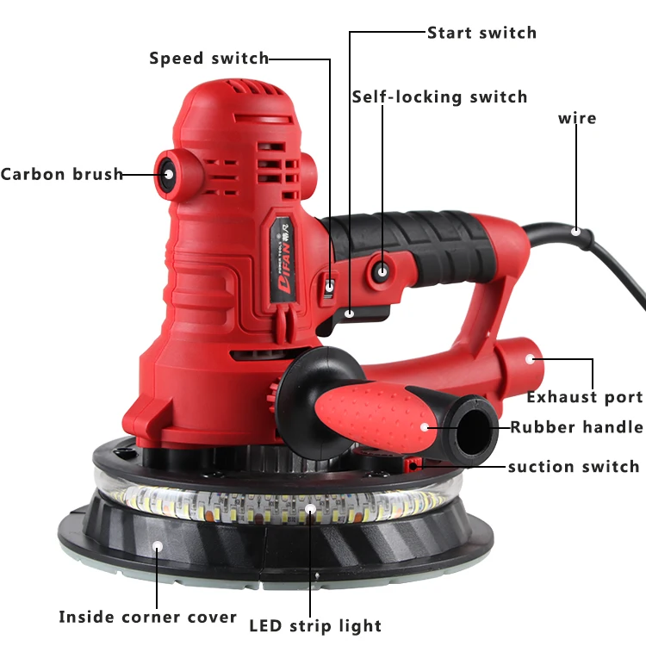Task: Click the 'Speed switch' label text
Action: point(208,59)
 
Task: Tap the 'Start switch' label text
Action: point(481,33)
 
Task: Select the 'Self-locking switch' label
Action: point(439,96)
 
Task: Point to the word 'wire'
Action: point(577,118)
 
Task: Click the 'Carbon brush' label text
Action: point(61,174)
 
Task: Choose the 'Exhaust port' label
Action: point(585,397)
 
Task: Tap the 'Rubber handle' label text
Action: point(576,427)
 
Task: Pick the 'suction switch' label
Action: point(573,467)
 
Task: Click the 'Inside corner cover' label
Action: point(147,617)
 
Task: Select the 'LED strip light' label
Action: point(315,625)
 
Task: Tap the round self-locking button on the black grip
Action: point(381,272)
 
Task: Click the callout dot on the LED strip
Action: point(311,509)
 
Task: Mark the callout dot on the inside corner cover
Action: point(157,545)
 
